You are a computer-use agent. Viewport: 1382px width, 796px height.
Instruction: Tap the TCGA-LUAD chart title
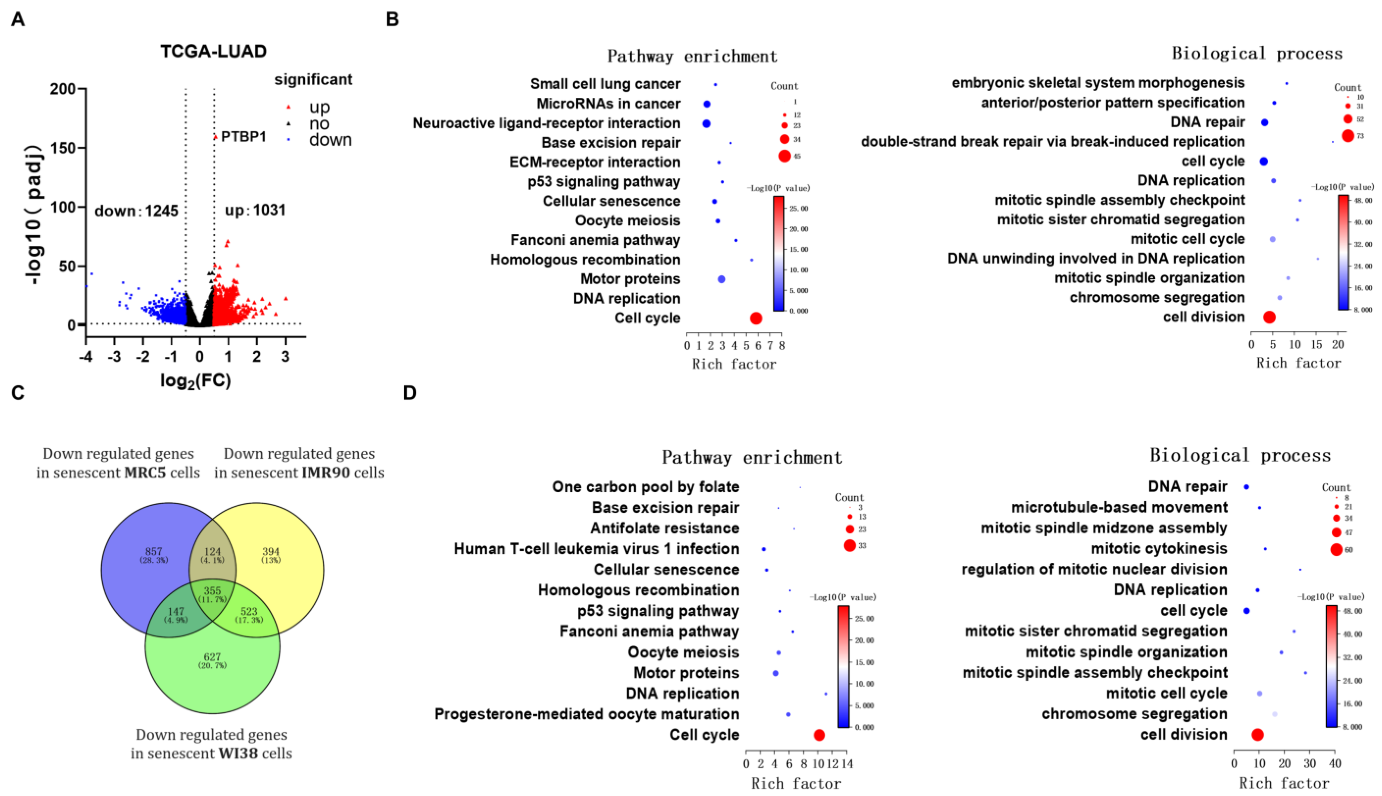(213, 51)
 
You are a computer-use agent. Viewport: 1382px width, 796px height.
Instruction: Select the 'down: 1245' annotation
(136, 210)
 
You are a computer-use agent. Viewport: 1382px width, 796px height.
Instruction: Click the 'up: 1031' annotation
(255, 210)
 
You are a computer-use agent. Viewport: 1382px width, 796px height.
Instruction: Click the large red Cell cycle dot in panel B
(756, 318)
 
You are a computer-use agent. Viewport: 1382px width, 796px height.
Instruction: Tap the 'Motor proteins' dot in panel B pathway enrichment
(722, 279)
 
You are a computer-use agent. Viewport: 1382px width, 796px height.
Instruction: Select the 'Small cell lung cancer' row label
(605, 84)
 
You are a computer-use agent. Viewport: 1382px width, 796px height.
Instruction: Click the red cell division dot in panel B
(1269, 317)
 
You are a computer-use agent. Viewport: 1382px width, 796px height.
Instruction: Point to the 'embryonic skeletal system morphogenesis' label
(1098, 83)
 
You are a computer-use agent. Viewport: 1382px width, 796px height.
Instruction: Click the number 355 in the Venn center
(212, 591)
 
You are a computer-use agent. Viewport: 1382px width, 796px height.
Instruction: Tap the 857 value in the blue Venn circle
(154, 552)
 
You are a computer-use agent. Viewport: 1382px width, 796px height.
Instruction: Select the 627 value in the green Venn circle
(212, 657)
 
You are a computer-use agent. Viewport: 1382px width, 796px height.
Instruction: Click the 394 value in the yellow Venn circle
(271, 552)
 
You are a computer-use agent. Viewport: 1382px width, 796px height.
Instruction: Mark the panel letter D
(410, 393)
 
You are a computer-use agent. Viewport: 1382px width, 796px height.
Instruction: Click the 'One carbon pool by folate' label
(646, 487)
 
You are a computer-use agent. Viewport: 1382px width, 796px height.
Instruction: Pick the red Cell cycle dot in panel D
(819, 735)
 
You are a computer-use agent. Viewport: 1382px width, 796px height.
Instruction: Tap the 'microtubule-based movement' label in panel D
(1119, 507)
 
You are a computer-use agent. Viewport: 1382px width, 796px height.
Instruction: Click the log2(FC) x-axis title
(195, 381)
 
